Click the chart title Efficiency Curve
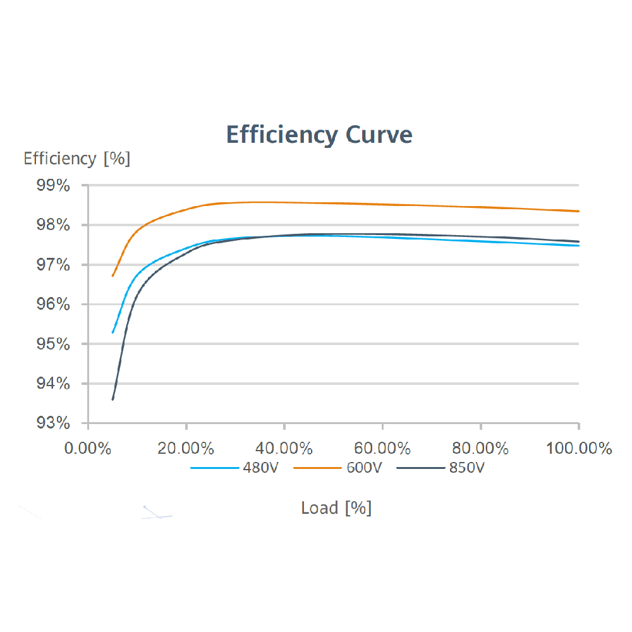[x=319, y=135]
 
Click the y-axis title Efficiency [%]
[x=76, y=159]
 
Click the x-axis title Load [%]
[x=336, y=508]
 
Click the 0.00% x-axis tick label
[x=88, y=449]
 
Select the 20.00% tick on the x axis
[x=186, y=449]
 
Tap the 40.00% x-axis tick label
[x=284, y=449]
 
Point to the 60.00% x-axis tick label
[x=382, y=449]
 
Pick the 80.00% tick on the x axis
[x=481, y=449]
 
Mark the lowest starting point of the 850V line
[x=112, y=399]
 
